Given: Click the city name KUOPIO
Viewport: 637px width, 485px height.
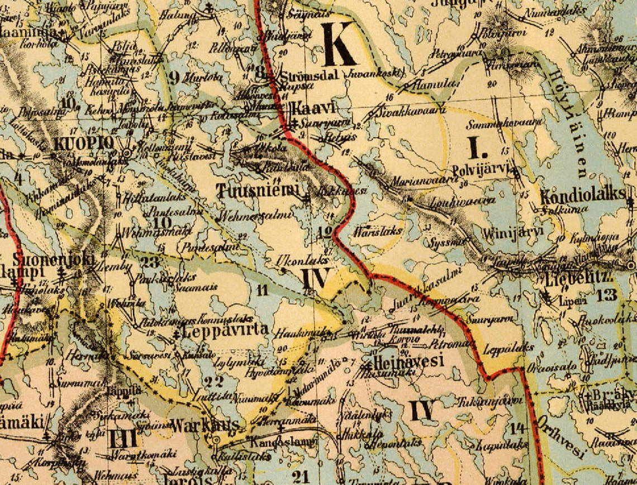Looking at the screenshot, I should click(x=84, y=144).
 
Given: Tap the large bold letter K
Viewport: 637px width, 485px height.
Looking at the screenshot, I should click(x=337, y=44).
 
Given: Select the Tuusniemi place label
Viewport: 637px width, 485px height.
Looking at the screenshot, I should click(x=258, y=191).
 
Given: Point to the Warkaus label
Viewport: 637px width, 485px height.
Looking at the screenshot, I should click(x=205, y=425).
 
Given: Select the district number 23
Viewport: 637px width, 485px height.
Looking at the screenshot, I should click(x=150, y=261).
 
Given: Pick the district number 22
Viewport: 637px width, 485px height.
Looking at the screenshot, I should click(x=213, y=382).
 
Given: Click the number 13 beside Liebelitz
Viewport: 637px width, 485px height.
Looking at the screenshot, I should click(x=606, y=295).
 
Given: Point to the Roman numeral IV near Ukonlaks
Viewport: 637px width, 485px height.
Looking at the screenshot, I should click(x=316, y=279).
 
